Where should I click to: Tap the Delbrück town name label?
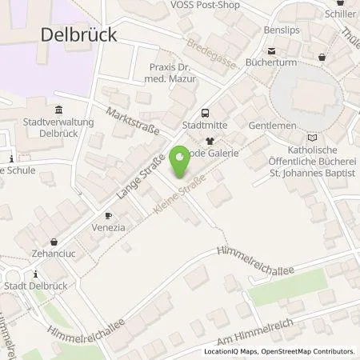78,34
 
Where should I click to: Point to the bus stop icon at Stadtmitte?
205,113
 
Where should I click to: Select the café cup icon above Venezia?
109,215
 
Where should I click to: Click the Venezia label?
109,228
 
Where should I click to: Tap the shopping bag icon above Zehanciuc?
54,241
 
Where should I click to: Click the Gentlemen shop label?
272,126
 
